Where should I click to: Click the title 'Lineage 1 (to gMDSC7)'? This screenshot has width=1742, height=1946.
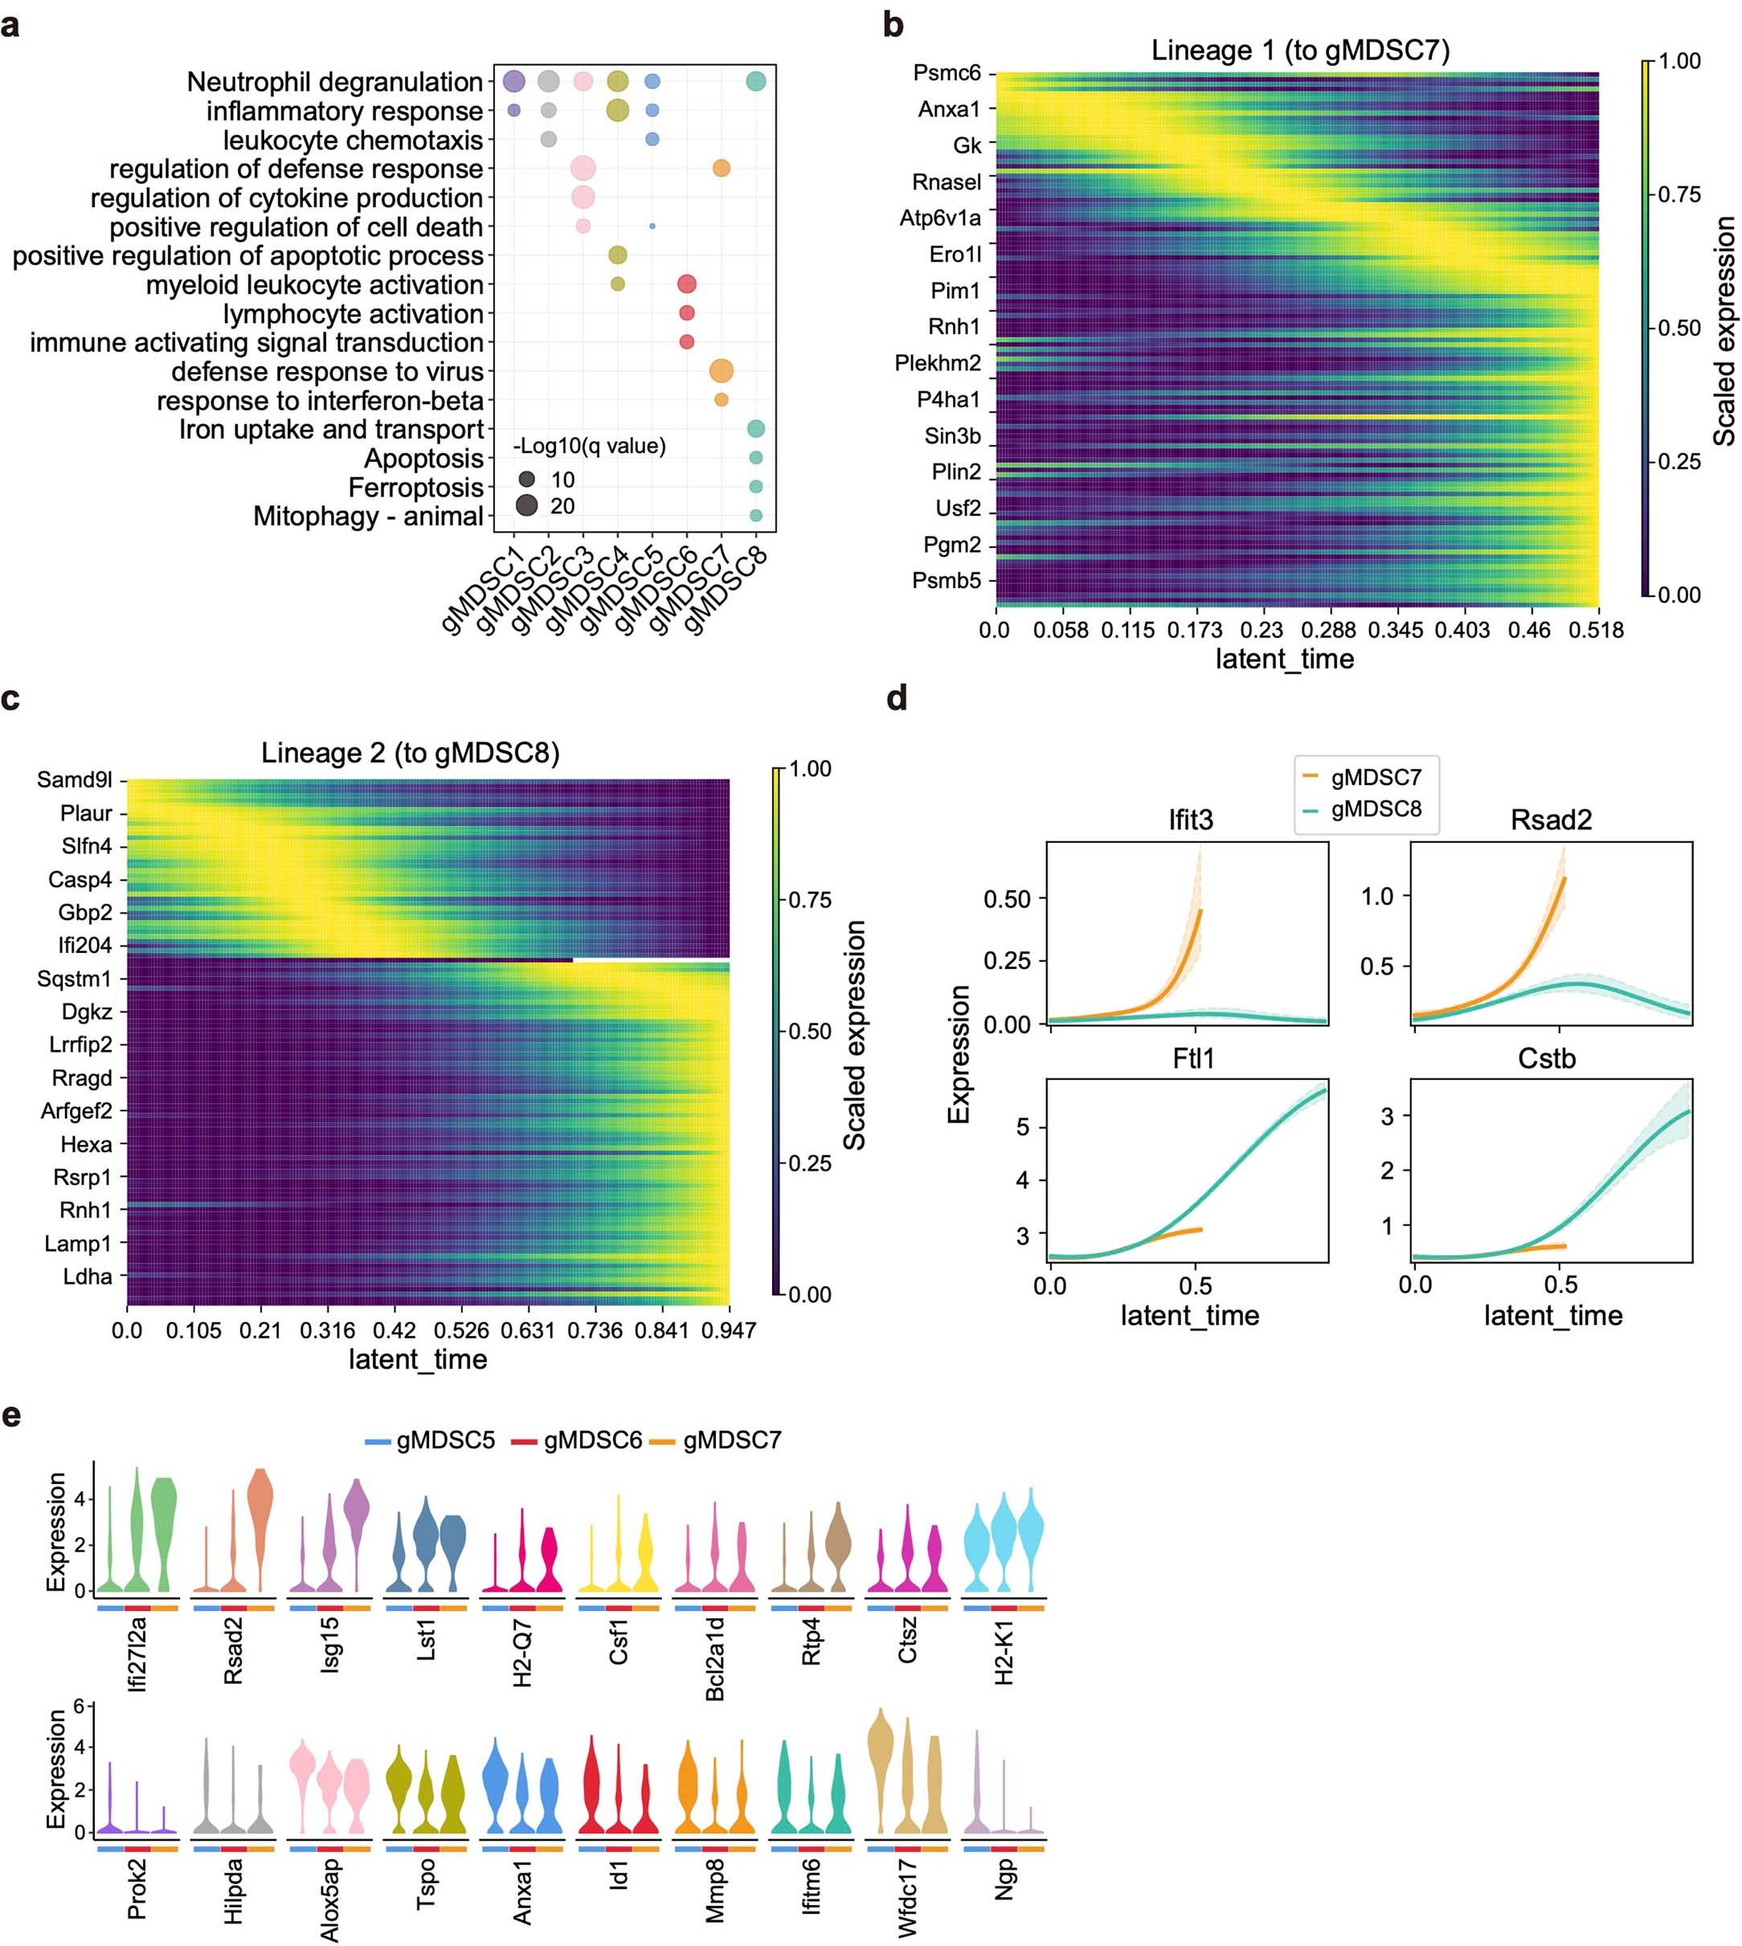[1300, 50]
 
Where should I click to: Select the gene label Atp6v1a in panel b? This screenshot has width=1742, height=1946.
[940, 219]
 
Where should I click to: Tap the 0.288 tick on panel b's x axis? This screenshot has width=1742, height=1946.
[1328, 630]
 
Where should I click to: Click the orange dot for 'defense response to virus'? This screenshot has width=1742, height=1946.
[722, 371]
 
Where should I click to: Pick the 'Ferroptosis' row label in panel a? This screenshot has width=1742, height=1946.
[415, 489]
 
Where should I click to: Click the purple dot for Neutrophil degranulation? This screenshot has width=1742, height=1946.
[514, 81]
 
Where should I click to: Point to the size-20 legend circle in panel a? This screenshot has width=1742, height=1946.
[526, 505]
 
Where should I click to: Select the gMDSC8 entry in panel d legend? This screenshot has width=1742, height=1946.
[1376, 809]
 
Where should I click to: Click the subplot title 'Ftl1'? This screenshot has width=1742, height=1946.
[1192, 1059]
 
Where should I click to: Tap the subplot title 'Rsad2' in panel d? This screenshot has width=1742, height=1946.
[1551, 820]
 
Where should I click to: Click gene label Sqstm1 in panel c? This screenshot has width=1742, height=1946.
[75, 979]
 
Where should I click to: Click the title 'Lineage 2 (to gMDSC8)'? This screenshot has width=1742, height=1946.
[410, 754]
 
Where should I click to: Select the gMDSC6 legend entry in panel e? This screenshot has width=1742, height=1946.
[591, 1441]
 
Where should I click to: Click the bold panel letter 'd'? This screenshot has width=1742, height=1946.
[896, 699]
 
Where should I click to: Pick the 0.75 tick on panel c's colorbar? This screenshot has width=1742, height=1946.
[809, 900]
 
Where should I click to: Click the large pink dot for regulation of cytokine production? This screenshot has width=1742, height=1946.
[583, 197]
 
